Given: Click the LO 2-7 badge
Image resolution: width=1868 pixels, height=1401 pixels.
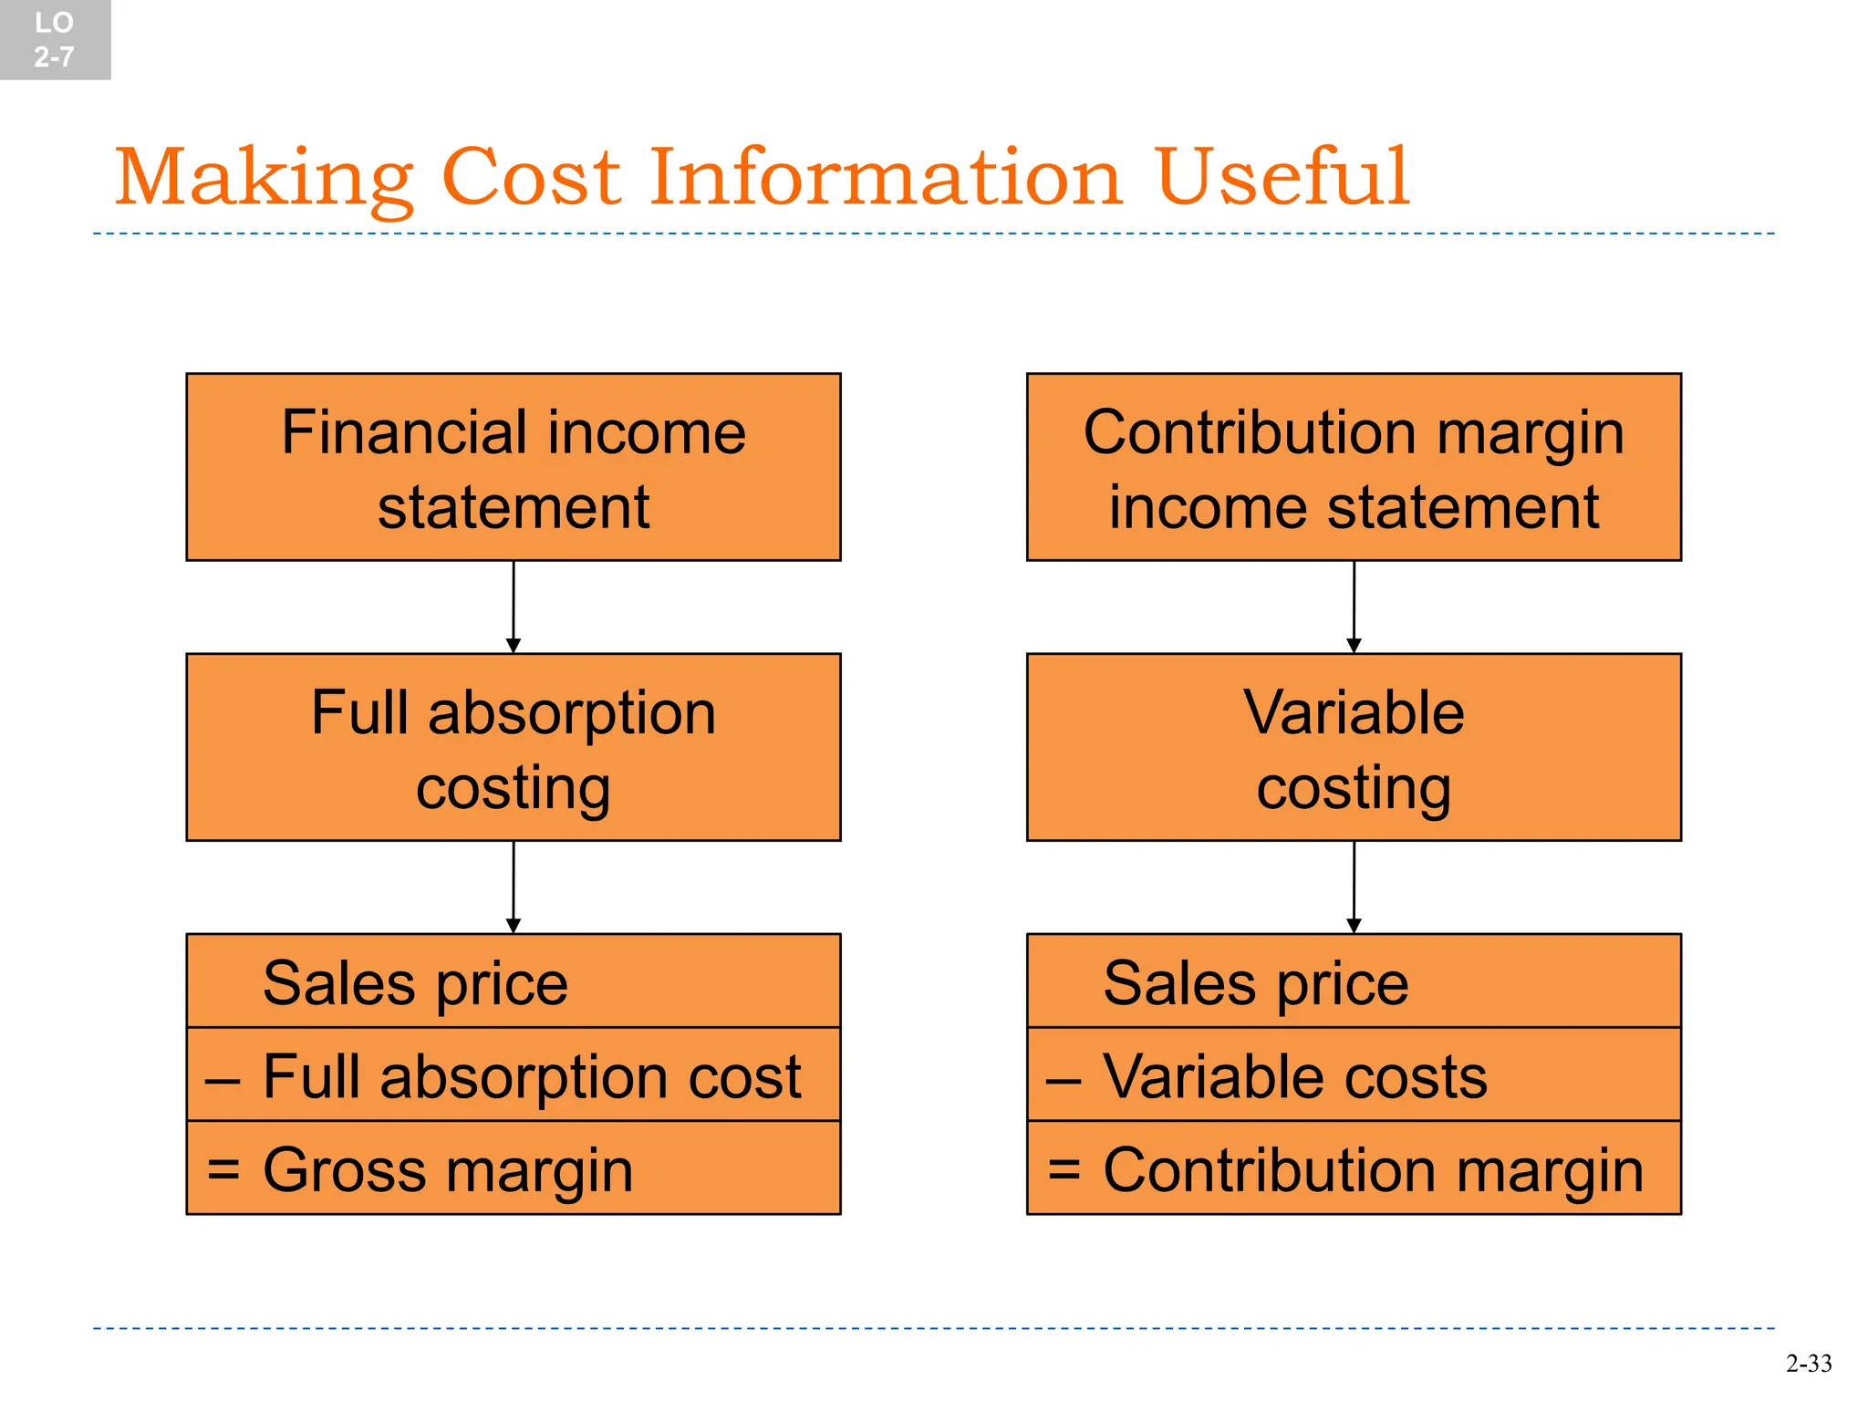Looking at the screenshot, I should (x=55, y=40).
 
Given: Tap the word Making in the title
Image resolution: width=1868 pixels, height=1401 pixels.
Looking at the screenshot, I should (x=264, y=179).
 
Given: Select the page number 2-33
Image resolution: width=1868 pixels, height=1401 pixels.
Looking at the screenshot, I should (x=1808, y=1364).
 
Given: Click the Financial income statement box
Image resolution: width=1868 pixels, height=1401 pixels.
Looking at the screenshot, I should (x=514, y=467).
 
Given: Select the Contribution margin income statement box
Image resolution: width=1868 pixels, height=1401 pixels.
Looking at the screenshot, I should (x=1354, y=467).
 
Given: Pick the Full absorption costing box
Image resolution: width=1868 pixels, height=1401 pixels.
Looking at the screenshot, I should (x=514, y=747).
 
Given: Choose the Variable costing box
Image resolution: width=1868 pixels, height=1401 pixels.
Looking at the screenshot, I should (x=1354, y=747).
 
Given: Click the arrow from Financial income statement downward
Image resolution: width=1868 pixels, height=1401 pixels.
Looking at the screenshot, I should (x=514, y=607).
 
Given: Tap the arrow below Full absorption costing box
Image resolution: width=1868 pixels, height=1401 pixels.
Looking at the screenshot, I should (x=514, y=887).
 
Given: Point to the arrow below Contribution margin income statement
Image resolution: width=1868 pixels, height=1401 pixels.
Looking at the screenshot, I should (x=1354, y=607).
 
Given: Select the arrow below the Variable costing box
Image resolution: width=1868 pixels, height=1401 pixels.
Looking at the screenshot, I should (x=1354, y=887).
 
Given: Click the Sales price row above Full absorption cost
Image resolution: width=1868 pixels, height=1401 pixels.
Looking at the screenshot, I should (x=514, y=981).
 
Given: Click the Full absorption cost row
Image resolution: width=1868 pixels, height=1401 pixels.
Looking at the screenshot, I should (x=514, y=1075).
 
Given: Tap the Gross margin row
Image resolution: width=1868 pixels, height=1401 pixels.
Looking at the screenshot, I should (x=514, y=1168).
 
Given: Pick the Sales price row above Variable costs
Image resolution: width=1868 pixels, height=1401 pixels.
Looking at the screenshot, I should (x=1354, y=981).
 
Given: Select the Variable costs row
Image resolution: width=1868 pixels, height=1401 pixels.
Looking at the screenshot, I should (x=1354, y=1075).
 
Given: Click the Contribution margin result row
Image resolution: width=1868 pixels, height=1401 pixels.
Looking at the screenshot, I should (x=1354, y=1168).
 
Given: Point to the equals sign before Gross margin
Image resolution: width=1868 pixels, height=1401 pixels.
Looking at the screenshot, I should (x=223, y=1168).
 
